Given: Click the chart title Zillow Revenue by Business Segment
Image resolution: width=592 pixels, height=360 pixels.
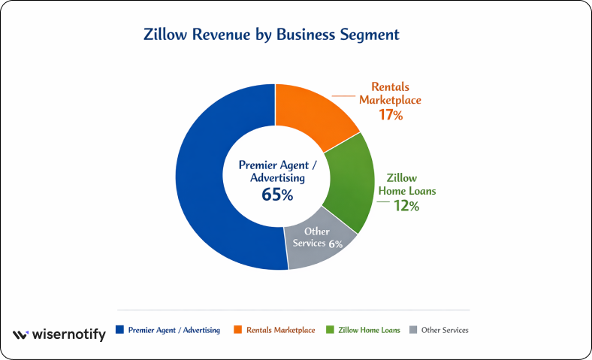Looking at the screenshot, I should pyautogui.click(x=271, y=35).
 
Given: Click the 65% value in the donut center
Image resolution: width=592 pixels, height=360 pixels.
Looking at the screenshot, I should pyautogui.click(x=277, y=195).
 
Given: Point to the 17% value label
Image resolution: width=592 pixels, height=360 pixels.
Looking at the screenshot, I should pyautogui.click(x=391, y=116).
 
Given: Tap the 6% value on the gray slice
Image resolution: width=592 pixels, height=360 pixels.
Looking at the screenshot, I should pyautogui.click(x=335, y=244).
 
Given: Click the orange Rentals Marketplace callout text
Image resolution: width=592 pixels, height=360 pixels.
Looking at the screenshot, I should pyautogui.click(x=390, y=93).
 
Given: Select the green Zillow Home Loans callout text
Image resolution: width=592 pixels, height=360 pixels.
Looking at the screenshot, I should pyautogui.click(x=410, y=184).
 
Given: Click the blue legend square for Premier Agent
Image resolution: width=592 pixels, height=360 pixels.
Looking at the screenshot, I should pyautogui.click(x=119, y=330).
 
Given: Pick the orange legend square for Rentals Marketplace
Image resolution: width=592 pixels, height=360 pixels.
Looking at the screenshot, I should pyautogui.click(x=237, y=330).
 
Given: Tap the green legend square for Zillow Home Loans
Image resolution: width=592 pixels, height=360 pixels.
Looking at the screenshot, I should pyautogui.click(x=331, y=330).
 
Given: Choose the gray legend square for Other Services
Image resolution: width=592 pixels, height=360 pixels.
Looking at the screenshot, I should pyautogui.click(x=413, y=330).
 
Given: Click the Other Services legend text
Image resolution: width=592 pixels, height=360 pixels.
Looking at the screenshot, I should pyautogui.click(x=446, y=330).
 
